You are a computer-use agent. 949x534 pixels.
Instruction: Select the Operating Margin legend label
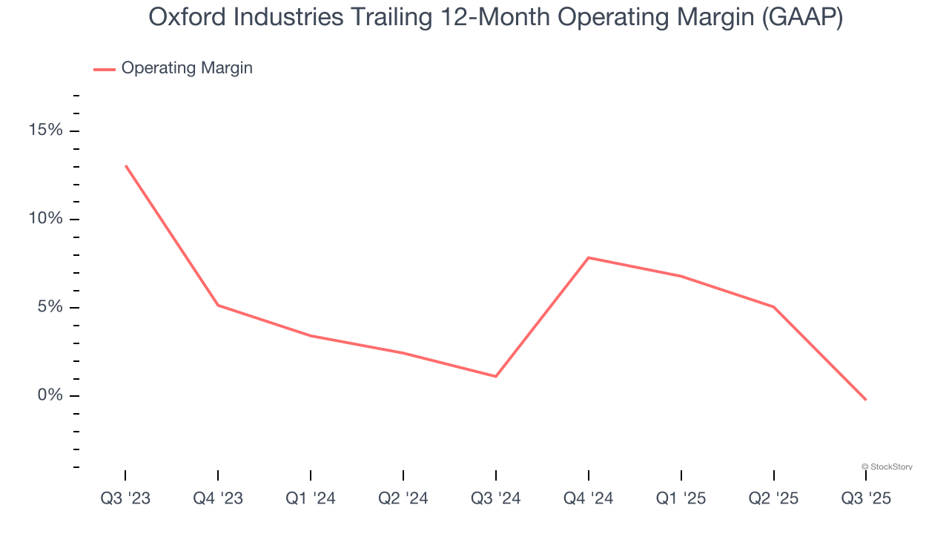187,68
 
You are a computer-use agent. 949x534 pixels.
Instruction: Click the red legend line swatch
105,69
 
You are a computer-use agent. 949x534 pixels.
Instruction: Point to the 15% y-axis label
46,131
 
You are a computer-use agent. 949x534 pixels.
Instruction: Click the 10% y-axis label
46,219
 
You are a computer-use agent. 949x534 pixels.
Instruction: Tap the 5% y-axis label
50,307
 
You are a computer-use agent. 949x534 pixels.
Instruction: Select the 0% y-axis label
50,395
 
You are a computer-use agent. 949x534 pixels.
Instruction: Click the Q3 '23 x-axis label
125,498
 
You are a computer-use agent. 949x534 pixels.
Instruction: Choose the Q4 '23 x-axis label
218,498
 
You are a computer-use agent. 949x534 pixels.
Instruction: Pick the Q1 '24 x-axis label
311,498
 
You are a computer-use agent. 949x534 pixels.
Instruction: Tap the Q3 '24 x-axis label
495,498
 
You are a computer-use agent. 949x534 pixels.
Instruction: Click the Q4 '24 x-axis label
588,498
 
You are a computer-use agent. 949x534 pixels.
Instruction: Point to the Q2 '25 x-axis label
773,498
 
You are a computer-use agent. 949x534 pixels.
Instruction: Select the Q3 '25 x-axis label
866,498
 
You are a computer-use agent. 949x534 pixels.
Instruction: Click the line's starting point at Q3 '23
125,165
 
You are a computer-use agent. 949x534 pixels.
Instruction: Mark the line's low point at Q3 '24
495,376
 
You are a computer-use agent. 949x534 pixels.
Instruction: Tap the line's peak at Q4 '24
588,257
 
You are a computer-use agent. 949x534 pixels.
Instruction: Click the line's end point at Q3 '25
866,400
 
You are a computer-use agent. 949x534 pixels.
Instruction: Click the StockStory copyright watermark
887,467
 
